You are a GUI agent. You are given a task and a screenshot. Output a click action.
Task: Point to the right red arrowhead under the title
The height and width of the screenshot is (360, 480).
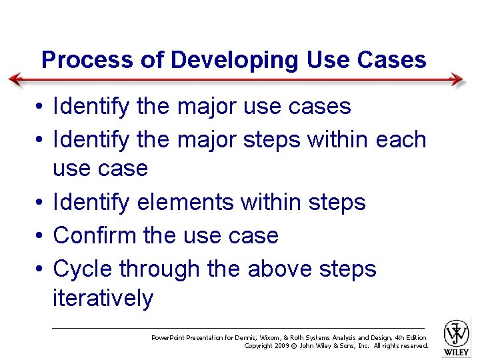(x=457, y=80)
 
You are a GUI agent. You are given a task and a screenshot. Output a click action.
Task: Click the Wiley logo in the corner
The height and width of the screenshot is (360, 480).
(x=457, y=336)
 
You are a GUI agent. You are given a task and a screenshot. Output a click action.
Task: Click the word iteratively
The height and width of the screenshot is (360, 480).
(x=103, y=298)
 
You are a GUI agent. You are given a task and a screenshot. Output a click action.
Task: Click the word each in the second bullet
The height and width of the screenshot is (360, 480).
(x=401, y=140)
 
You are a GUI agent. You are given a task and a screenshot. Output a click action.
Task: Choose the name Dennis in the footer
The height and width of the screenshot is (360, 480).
(x=273, y=338)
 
